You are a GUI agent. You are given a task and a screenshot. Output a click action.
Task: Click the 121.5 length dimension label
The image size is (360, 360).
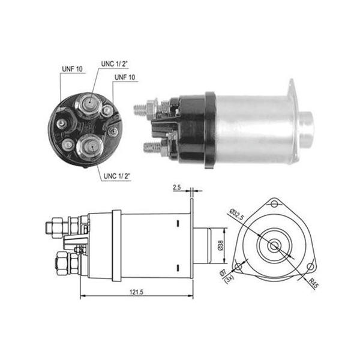[136, 292]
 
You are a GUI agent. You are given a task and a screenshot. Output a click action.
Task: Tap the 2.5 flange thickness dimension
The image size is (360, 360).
[177, 188]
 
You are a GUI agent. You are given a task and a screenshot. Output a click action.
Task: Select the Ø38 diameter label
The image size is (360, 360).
[220, 245]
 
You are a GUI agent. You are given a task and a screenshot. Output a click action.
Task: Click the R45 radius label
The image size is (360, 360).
[313, 283]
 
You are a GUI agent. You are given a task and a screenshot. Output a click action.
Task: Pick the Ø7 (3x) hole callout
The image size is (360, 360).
[226, 277]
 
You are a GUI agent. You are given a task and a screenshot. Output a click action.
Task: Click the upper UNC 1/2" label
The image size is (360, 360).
[114, 64]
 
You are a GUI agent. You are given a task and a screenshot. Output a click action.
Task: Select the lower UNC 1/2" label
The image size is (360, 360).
[116, 176]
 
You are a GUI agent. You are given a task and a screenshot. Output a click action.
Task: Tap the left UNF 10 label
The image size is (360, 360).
[72, 69]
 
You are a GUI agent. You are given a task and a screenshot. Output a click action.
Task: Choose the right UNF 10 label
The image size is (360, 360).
[125, 77]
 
